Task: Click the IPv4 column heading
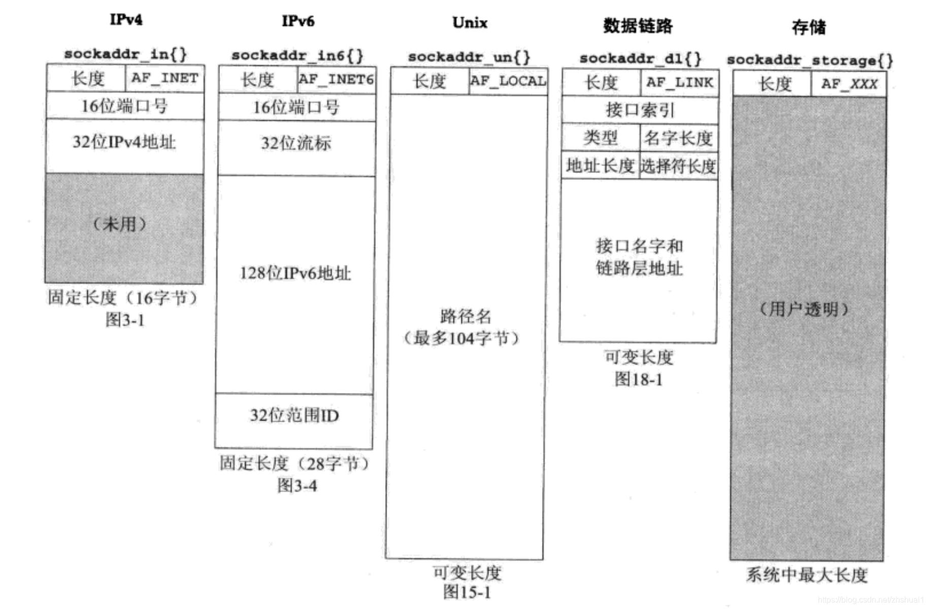126,20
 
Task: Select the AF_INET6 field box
336,80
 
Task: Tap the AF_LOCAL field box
508,81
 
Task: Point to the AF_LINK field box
679,83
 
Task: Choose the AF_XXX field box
849,84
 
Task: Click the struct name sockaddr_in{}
125,54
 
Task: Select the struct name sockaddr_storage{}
809,60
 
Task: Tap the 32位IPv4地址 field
124,142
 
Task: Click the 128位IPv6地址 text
295,274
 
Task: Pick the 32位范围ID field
294,416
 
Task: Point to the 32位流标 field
296,144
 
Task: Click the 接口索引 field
640,110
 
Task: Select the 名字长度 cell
678,138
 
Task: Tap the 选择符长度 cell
678,166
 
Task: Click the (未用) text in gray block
120,224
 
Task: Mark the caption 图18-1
639,379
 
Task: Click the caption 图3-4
297,486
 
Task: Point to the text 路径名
466,317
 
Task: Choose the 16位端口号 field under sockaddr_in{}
125,106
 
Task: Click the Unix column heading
470,23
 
